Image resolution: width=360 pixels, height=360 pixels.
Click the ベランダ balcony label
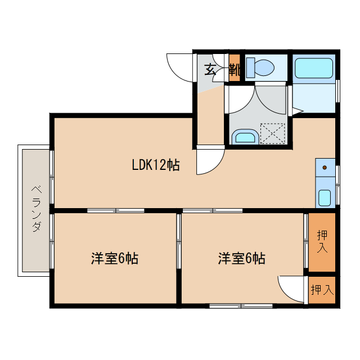point(35,209)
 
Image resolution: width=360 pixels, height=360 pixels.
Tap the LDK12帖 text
point(156,165)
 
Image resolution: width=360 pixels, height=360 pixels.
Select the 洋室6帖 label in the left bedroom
point(115,259)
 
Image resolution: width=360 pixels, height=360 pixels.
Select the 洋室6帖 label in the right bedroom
point(242,259)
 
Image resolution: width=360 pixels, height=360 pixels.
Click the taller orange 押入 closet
point(322,241)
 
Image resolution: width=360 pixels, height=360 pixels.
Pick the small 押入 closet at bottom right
point(322,290)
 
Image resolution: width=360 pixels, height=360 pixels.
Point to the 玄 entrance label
point(210,70)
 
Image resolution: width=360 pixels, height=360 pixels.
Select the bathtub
point(314,69)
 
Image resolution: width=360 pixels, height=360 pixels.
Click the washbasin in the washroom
point(245,137)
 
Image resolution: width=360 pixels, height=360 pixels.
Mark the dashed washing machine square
point(273,134)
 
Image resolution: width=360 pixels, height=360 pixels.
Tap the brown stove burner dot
point(325,168)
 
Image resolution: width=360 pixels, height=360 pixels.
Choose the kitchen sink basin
point(325,197)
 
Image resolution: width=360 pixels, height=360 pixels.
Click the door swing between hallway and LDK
point(209,161)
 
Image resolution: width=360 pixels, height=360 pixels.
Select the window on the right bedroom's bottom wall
point(240,306)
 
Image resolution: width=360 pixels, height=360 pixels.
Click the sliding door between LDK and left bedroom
point(115,211)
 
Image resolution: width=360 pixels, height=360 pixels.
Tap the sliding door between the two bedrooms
point(179,242)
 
